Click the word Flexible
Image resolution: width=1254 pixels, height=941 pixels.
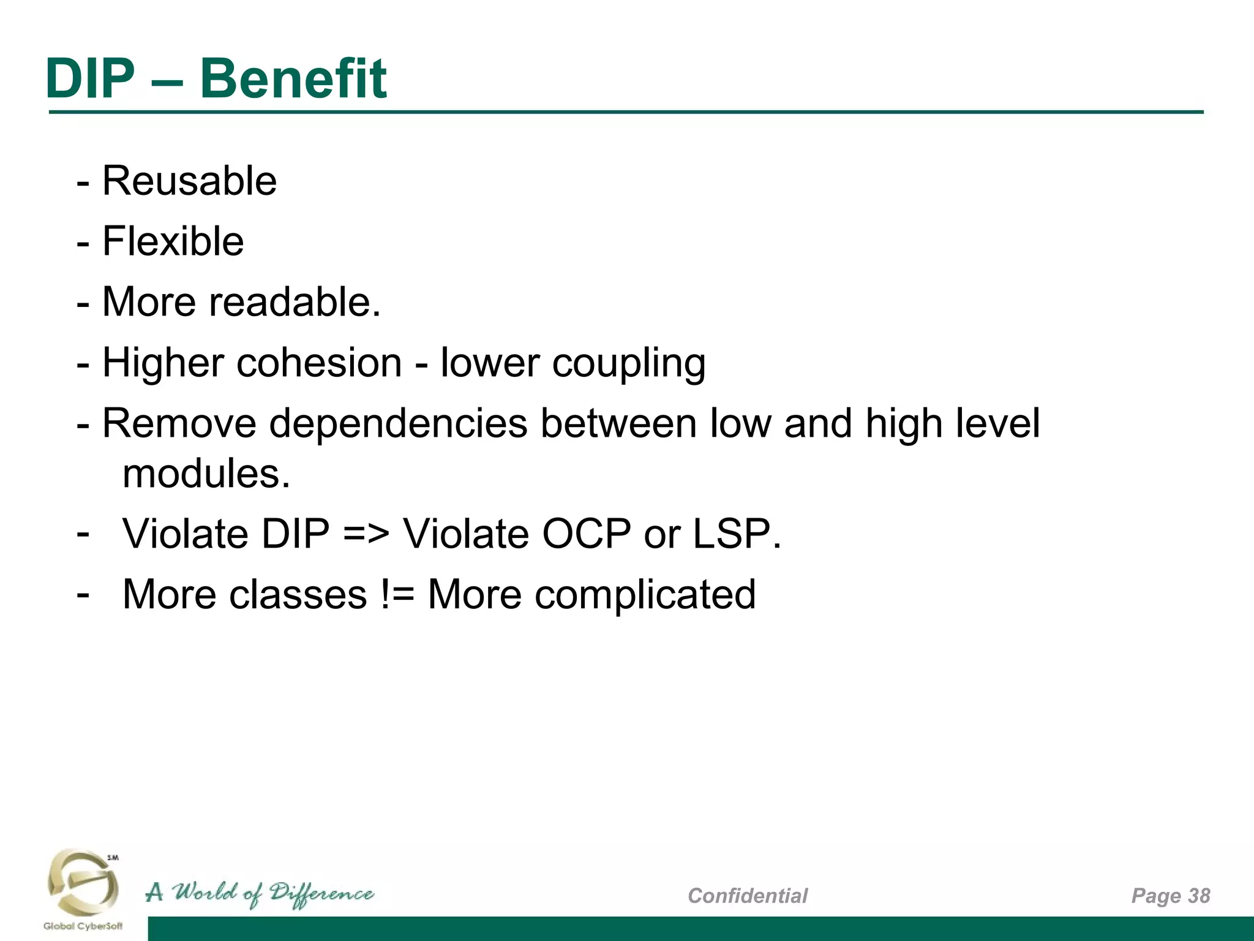pos(173,241)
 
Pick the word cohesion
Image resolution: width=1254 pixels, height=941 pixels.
pos(319,362)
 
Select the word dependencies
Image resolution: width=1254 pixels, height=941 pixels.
pos(398,424)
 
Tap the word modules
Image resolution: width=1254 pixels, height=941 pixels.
pos(206,474)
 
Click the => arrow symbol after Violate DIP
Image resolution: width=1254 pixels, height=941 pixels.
pos(366,534)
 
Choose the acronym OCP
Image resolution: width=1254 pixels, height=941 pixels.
pos(586,534)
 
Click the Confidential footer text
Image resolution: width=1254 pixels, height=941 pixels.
pos(748,896)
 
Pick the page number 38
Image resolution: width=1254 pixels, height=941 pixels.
pos(1199,896)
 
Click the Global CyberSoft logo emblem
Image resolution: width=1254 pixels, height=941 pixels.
pos(83,882)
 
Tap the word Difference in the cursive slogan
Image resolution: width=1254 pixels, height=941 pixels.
pos(321,894)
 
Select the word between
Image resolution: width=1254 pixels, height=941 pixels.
pos(618,424)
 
